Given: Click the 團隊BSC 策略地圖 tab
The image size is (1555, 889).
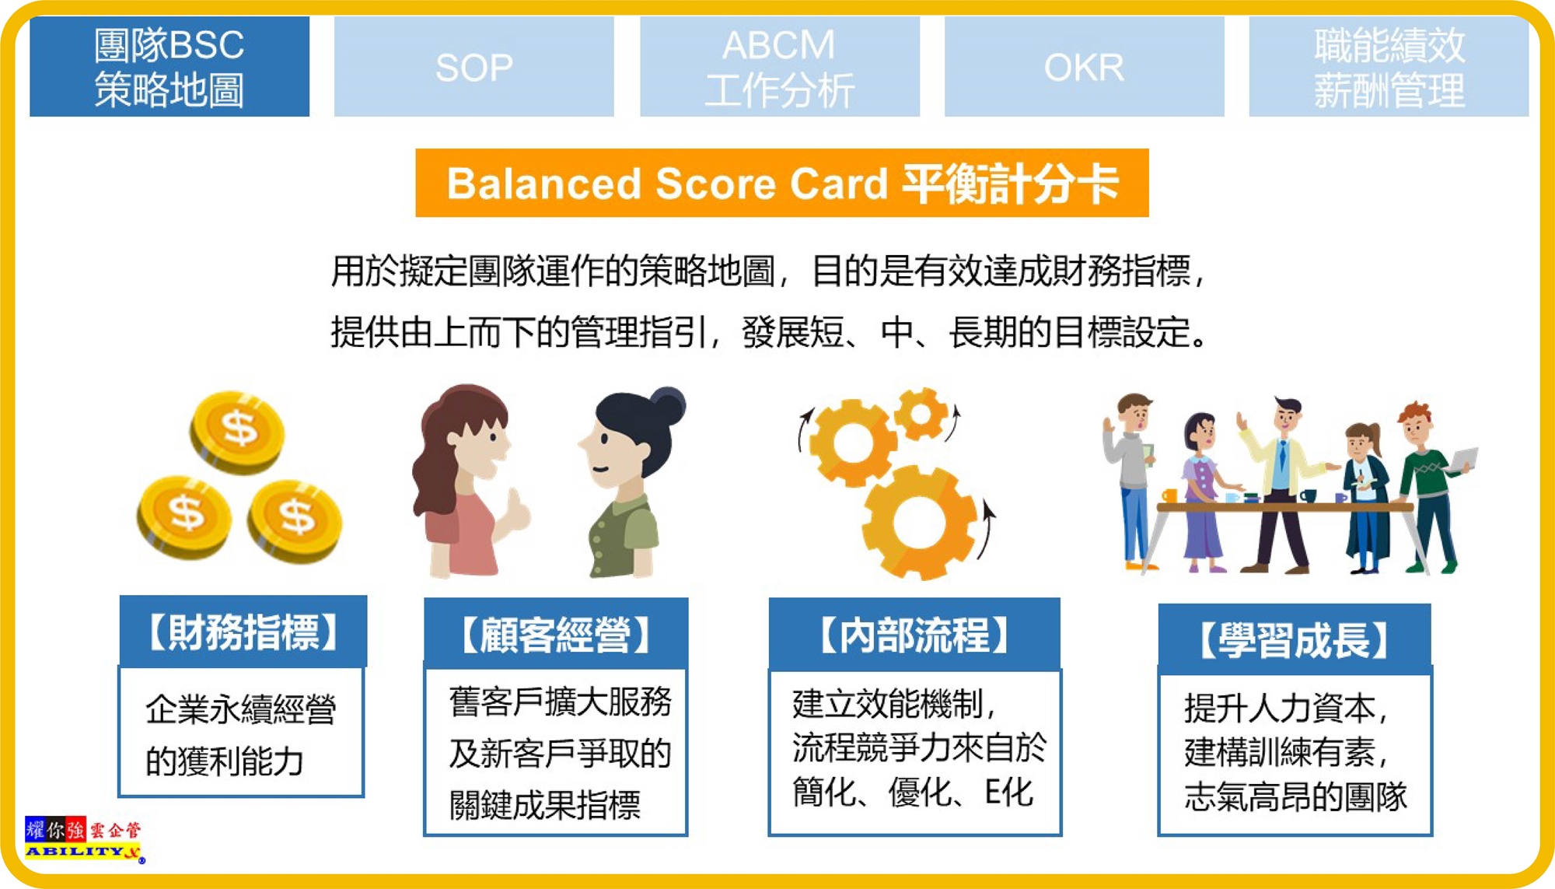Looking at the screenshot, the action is coord(169,67).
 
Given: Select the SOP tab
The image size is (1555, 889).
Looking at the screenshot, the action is coord(474,67).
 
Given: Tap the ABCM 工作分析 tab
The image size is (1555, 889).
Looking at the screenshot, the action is coord(780,67).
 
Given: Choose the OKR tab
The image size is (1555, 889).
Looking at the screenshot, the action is coord(1085,67).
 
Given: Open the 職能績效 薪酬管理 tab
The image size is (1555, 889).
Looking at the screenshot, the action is coord(1389,67).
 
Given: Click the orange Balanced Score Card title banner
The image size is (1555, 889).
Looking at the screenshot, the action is coord(782,183).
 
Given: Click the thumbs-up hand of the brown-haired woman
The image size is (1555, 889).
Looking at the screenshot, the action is coord(515,513).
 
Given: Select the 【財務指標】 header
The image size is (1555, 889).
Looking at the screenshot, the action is coord(243,632).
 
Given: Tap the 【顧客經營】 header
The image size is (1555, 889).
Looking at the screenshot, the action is coord(556,635).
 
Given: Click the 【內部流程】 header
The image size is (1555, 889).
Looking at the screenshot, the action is coord(914,635).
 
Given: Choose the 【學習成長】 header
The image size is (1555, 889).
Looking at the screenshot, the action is coord(1295,639).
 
